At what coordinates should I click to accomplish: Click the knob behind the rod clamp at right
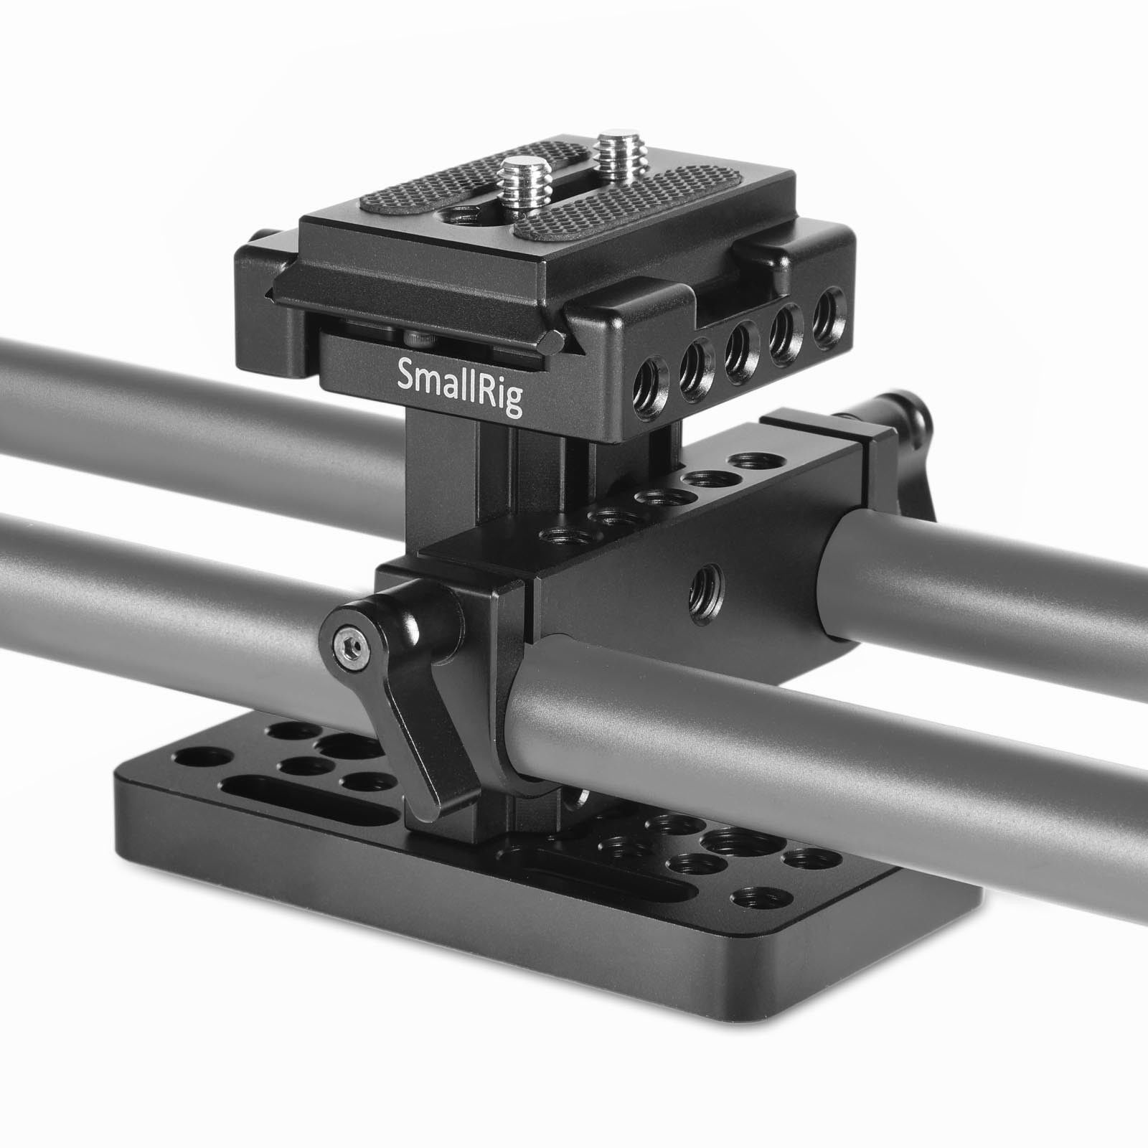904,445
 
